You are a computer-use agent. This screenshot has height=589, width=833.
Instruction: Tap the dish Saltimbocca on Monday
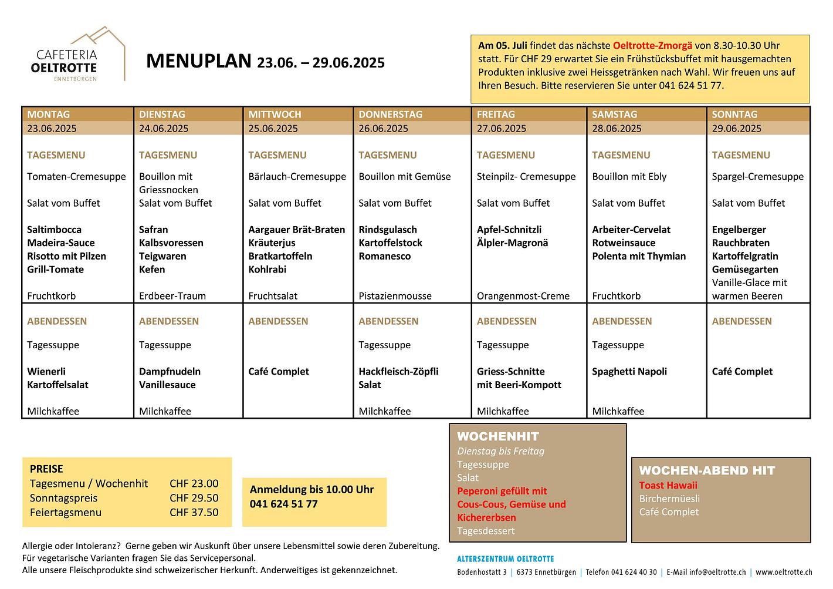[54, 230]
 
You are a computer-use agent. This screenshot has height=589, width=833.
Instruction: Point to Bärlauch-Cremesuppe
[297, 176]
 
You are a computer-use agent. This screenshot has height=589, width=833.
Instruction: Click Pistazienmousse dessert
[395, 296]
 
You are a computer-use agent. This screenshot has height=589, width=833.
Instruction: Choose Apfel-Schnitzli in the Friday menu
[509, 230]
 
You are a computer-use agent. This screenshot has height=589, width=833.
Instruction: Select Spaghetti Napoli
[629, 371]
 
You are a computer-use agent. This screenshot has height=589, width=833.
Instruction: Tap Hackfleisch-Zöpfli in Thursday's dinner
[398, 371]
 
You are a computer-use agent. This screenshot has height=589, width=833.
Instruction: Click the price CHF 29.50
[194, 498]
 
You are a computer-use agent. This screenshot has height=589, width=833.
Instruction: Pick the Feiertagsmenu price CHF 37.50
[194, 512]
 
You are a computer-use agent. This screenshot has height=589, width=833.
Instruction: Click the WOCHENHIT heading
[497, 436]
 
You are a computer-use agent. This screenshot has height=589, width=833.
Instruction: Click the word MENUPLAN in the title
[198, 61]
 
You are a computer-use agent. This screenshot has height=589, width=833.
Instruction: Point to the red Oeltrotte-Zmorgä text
[652, 45]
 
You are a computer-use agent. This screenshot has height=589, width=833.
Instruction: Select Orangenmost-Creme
[523, 296]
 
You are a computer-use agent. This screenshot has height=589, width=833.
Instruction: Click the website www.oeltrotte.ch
[784, 572]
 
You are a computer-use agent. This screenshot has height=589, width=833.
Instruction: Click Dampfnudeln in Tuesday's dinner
[170, 371]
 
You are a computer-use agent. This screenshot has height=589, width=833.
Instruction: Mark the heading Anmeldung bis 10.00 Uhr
[311, 489]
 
